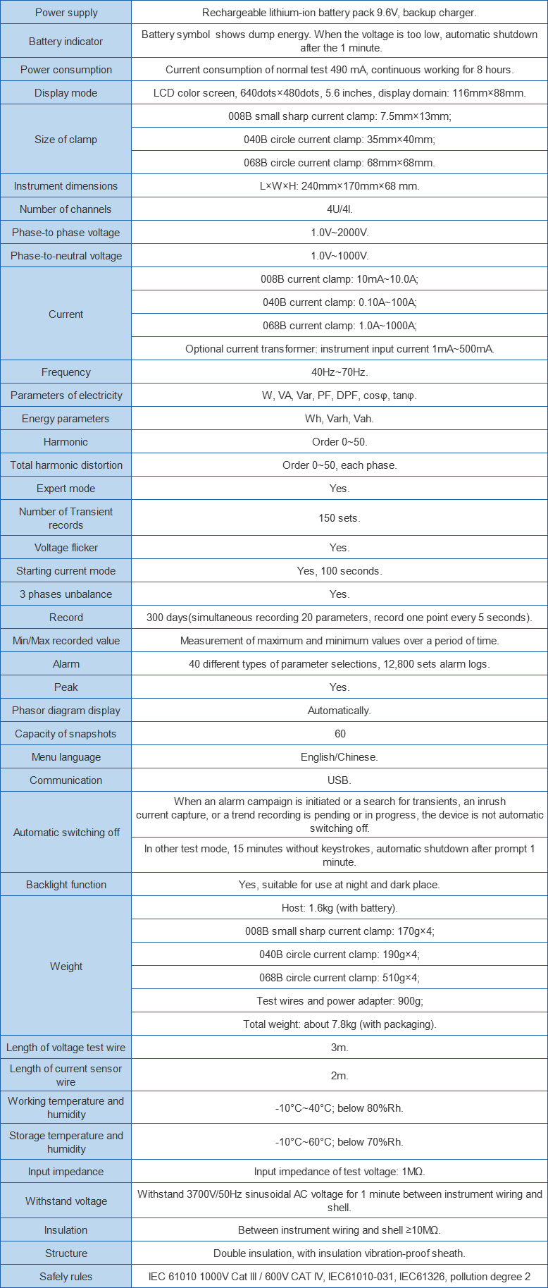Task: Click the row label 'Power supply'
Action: coord(66,13)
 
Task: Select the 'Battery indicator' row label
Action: coord(66,42)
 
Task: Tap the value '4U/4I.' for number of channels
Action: coord(340,209)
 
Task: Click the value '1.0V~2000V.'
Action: coord(340,233)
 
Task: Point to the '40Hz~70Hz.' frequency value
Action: coord(340,372)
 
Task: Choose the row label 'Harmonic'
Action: coord(66,442)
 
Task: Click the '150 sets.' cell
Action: coord(340,518)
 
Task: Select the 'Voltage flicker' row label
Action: coord(66,548)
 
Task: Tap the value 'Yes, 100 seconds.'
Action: coord(340,571)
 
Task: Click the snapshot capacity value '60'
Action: coord(340,734)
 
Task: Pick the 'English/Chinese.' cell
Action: coord(340,757)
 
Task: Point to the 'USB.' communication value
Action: coord(340,780)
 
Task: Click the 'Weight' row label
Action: coord(66,967)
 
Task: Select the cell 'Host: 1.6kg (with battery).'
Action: coord(340,908)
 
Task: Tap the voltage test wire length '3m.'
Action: coord(340,1048)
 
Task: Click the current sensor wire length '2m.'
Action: coord(340,1076)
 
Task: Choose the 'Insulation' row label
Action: coord(66,1230)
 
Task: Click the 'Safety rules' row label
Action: coord(66,1277)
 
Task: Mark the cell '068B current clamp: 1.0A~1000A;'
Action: coord(340,326)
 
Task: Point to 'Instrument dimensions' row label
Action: coord(66,186)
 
